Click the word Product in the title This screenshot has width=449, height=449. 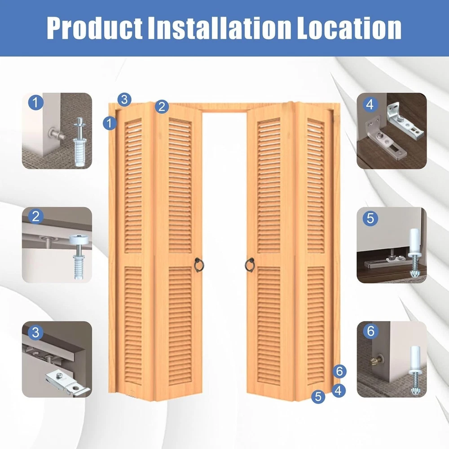tap(94, 28)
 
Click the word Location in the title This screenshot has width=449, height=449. tap(349, 28)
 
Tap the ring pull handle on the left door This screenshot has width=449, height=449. tap(199, 265)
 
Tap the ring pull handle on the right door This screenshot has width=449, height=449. tap(250, 265)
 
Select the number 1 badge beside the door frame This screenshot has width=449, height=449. tap(110, 123)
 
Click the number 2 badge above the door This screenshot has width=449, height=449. tap(162, 106)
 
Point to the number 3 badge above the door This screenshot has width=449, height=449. tap(124, 99)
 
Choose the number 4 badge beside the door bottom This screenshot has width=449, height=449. tap(339, 390)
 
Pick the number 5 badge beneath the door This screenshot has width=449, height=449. tap(318, 396)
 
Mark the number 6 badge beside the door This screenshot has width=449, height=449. tap(339, 371)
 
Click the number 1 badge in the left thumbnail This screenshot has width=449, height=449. tap(36, 102)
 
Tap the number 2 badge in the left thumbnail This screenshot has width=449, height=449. tap(36, 216)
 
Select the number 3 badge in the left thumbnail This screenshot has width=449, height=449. tap(36, 332)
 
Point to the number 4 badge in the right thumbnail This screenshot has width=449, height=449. tap(370, 105)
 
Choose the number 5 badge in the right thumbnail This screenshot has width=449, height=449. tap(370, 219)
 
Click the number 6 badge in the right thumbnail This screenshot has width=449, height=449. tap(370, 331)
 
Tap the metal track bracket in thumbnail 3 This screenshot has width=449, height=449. tap(68, 382)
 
